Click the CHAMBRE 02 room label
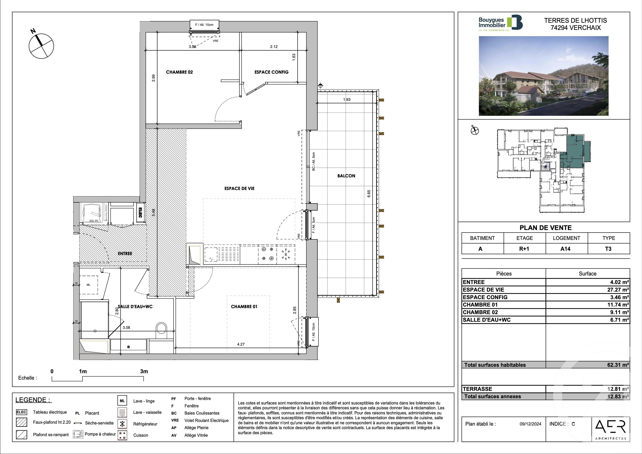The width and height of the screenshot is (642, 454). (x=179, y=72)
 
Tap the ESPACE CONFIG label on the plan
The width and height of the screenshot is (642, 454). (x=271, y=72)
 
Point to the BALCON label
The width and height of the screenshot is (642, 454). (x=346, y=176)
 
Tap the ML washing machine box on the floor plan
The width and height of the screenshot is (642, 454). (x=88, y=285)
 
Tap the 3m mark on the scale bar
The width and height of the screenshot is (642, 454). (x=144, y=371)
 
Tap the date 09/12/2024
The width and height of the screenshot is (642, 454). (x=530, y=424)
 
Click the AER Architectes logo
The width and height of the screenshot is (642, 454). (x=611, y=429)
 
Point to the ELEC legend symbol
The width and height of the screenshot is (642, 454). (x=22, y=412)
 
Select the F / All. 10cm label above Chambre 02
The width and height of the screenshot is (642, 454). (x=204, y=25)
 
